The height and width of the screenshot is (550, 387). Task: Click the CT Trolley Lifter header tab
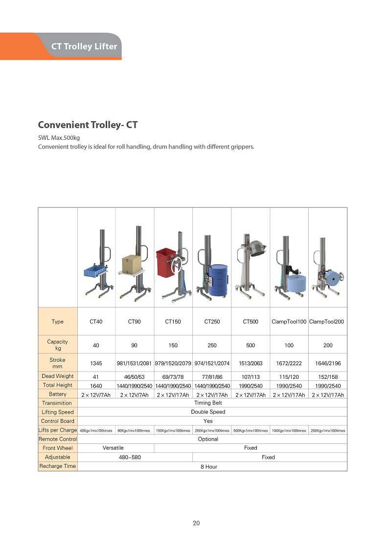pyautogui.click(x=84, y=46)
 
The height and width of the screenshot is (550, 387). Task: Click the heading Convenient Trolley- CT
pyautogui.click(x=88, y=125)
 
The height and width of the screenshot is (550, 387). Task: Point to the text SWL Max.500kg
pyautogui.click(x=59, y=137)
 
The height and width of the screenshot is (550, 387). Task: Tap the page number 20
pyautogui.click(x=196, y=523)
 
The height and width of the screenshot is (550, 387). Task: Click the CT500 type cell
pyautogui.click(x=250, y=322)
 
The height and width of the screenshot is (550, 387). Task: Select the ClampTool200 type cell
pyautogui.click(x=327, y=322)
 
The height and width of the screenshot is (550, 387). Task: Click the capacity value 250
pyautogui.click(x=212, y=345)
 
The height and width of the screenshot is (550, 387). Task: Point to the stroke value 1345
pyautogui.click(x=96, y=363)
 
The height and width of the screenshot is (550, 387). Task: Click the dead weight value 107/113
pyautogui.click(x=250, y=376)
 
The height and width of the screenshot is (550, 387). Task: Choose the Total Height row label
pyautogui.click(x=57, y=385)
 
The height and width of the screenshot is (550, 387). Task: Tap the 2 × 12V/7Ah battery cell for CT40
pyautogui.click(x=96, y=395)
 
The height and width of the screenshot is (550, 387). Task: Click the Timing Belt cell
pyautogui.click(x=208, y=403)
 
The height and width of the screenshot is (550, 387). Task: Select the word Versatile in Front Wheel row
pyautogui.click(x=113, y=448)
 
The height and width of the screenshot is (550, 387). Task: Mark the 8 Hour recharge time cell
pyautogui.click(x=208, y=466)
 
